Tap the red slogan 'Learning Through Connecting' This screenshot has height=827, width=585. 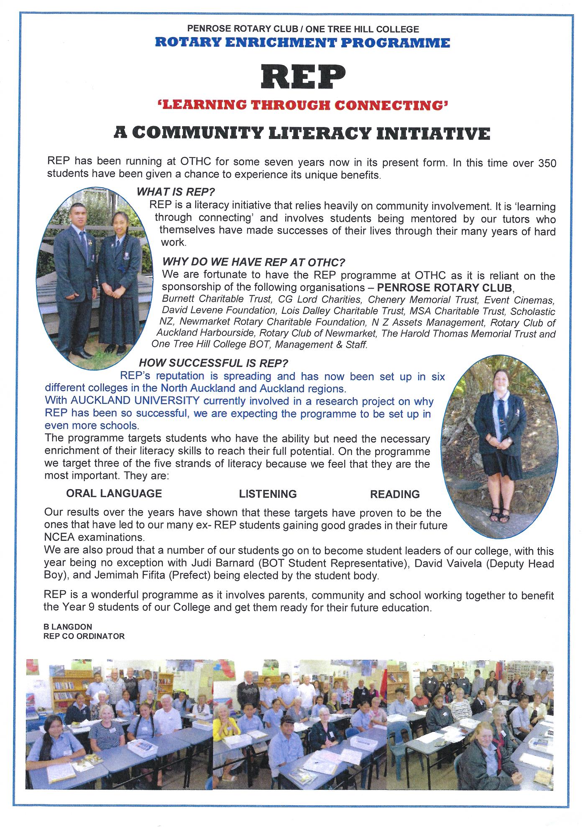302,105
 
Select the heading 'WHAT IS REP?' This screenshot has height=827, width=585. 176,192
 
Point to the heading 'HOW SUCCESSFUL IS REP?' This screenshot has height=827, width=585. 213,363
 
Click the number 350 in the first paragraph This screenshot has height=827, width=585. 546,163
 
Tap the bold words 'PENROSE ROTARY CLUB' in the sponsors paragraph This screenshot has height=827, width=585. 444,288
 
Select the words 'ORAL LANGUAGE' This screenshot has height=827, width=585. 114,493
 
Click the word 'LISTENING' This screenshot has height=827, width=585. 268,494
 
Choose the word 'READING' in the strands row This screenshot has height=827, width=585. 395,495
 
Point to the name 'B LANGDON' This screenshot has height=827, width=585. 68,627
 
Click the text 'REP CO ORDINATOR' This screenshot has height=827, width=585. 84,636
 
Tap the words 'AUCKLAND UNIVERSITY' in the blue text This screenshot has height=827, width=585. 135,401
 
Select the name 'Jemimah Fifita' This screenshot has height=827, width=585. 125,576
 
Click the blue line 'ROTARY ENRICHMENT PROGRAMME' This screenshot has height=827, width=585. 302,43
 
